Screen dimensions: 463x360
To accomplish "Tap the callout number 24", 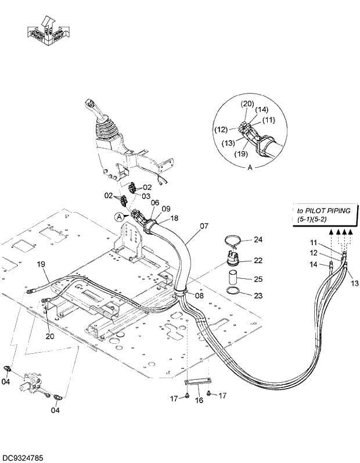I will [x=258, y=240].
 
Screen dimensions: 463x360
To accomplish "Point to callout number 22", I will [x=258, y=260].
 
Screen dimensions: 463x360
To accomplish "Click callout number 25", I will [x=258, y=279].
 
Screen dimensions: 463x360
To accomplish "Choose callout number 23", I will [x=258, y=296].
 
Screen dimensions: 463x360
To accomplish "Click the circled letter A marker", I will [x=120, y=217].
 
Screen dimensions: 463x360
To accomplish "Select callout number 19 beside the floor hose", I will [x=41, y=264].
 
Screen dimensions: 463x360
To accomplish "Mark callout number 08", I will [x=199, y=296].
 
